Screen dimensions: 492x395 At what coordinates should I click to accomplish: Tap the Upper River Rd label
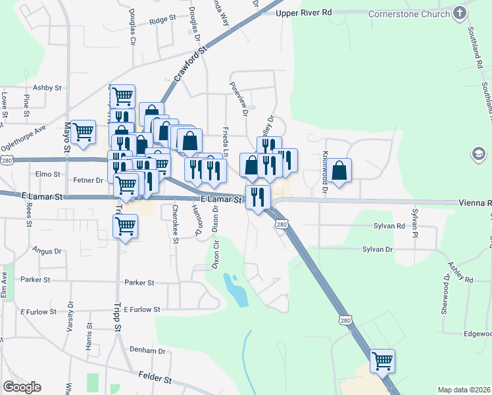coord(304,13)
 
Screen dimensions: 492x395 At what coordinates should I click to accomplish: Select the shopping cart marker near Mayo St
coord(84,132)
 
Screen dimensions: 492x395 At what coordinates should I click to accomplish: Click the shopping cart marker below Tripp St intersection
coord(125,227)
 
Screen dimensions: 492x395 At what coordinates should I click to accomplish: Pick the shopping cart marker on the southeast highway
coord(382,360)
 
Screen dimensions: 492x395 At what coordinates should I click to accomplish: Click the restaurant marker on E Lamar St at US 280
coord(258,196)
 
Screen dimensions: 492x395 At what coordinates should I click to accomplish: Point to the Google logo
coord(22,387)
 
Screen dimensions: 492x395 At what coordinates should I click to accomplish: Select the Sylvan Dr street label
coord(378,250)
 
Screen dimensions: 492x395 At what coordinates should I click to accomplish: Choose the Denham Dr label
coord(147,351)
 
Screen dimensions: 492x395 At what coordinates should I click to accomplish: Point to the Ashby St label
coord(47,88)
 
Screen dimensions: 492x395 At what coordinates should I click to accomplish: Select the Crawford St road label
coord(191,65)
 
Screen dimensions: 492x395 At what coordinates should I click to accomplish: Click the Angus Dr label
coord(46,251)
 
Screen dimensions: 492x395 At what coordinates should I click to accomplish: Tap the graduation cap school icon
coord(479,155)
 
